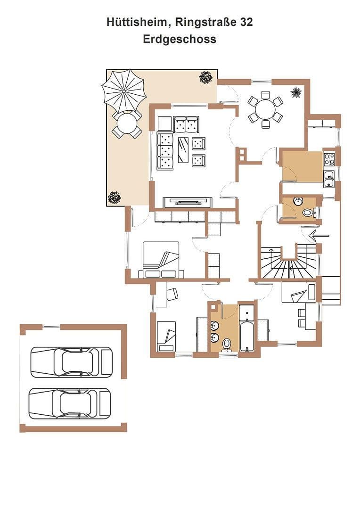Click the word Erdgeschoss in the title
[x=180, y=39]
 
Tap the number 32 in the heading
[x=246, y=22]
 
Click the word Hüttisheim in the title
[x=139, y=22]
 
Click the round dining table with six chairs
[x=266, y=110]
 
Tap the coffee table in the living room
[x=183, y=149]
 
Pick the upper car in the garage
[x=72, y=362]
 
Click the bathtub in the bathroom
[x=247, y=336]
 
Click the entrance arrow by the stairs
[x=319, y=235]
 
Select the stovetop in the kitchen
[x=329, y=159]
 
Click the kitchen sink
[x=329, y=179]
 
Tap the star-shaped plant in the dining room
[x=296, y=92]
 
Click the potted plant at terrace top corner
[x=206, y=78]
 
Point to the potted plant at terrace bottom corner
[x=114, y=197]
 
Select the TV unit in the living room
[x=188, y=202]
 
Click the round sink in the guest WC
[x=298, y=202]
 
